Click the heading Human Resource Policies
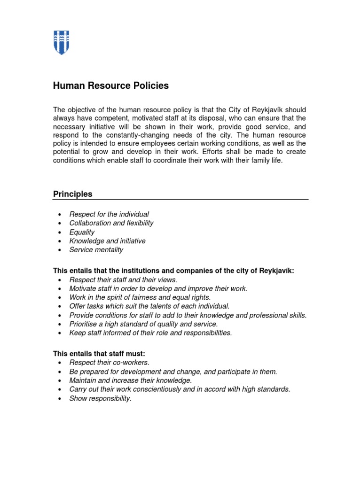point(110,86)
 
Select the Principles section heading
point(72,194)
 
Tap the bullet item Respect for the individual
point(109,214)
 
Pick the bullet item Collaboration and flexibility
point(111,223)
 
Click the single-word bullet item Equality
point(82,232)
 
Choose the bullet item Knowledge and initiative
point(107,241)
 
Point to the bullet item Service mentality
point(96,250)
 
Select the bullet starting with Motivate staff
point(158,288)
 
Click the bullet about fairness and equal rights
point(140,297)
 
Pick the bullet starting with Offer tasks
point(149,306)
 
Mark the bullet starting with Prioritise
point(143,324)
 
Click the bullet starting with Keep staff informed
point(150,333)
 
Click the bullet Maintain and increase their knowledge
point(130,380)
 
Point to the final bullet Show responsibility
point(100,398)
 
